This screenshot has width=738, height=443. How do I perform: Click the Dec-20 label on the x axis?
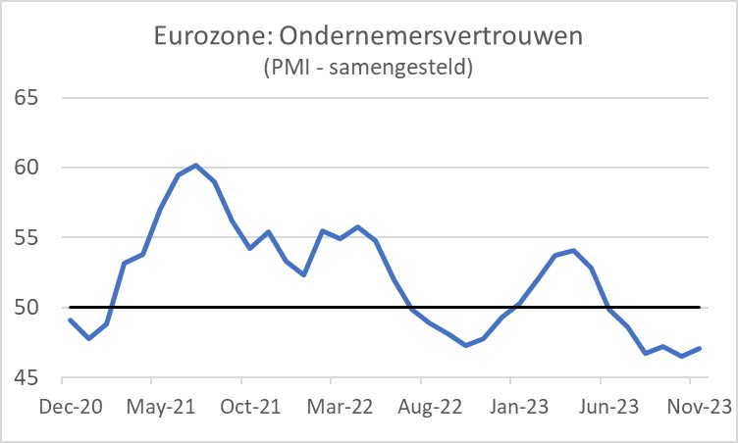click(x=70, y=406)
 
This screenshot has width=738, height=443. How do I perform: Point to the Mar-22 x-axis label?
click(x=339, y=406)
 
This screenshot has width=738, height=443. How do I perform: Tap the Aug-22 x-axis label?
click(x=429, y=406)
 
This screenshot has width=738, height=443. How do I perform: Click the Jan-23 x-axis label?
click(x=518, y=406)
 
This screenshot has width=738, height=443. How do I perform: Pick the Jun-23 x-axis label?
click(x=608, y=406)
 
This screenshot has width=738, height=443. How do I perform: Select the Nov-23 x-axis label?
click(x=698, y=406)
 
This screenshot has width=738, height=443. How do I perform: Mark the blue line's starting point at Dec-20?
click(x=70, y=320)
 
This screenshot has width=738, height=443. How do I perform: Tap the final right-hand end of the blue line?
click(x=700, y=348)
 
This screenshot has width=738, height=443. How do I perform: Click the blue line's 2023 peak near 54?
click(x=573, y=250)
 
